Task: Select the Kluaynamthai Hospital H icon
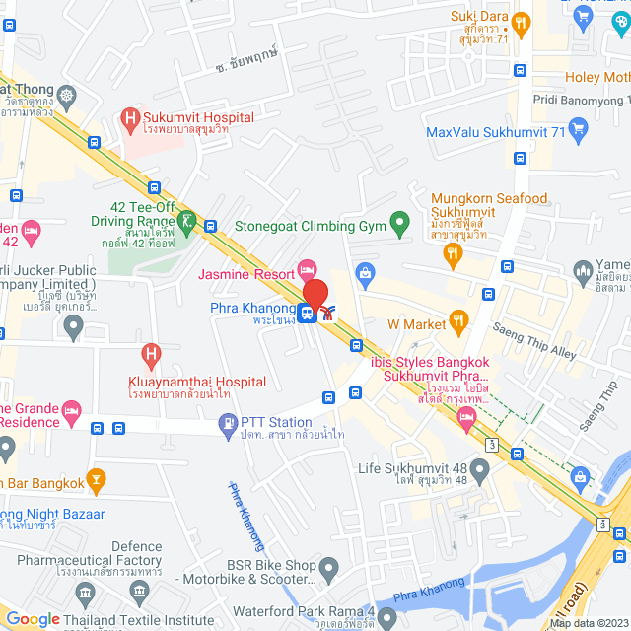151,352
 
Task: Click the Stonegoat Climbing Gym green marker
399,225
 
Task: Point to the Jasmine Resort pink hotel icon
307,268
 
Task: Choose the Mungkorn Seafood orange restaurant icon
453,254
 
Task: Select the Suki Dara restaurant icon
523,19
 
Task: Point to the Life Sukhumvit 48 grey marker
480,471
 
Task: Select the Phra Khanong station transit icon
308,314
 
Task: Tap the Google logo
34,619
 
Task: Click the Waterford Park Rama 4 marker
387,619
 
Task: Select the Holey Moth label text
597,77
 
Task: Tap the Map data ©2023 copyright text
588,622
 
